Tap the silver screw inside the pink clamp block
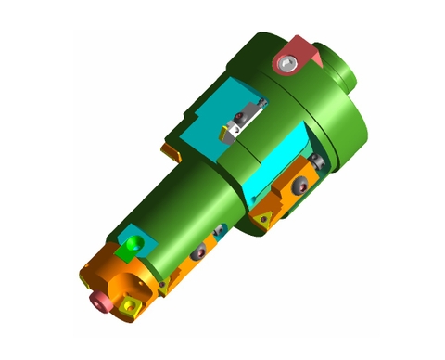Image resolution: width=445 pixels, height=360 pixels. tap(290, 62)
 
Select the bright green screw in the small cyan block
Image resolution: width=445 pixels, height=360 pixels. tap(137, 242)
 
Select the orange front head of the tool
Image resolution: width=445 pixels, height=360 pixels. tap(116, 278)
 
